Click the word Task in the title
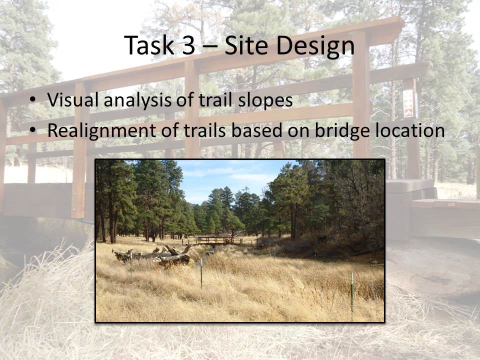[149, 45]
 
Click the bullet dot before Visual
[32, 100]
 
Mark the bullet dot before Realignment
[32, 130]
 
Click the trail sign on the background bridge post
[408, 103]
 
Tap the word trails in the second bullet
[205, 130]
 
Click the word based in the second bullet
[257, 130]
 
